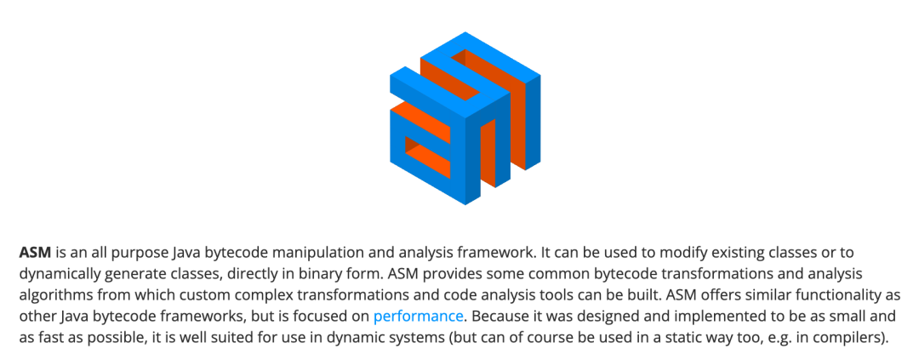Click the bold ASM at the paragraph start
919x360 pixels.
click(x=36, y=253)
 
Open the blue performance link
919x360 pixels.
click(x=418, y=317)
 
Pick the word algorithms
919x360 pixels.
click(x=54, y=295)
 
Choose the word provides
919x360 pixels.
click(x=403, y=274)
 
